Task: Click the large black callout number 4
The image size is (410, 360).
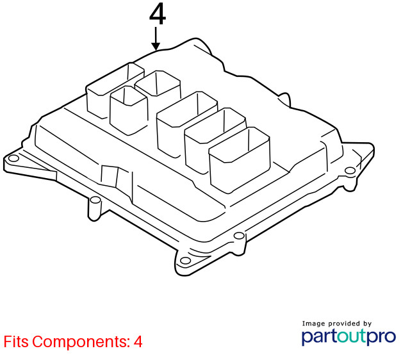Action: tap(158, 15)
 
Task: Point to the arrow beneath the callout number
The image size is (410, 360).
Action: tap(156, 38)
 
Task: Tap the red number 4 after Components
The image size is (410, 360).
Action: tap(138, 341)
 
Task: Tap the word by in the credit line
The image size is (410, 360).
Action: tap(367, 324)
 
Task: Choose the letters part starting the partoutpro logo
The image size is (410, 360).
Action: tap(319, 338)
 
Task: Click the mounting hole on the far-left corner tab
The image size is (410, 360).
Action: tap(13, 158)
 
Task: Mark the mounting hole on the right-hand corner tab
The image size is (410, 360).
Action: tap(350, 171)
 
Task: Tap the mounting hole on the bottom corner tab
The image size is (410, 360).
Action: tap(185, 261)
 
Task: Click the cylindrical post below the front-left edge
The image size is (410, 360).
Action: tap(95, 209)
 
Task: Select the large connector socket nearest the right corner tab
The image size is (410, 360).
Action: tap(240, 160)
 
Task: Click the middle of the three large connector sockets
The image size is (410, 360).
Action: tap(215, 140)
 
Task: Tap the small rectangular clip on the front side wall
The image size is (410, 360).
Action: tap(110, 176)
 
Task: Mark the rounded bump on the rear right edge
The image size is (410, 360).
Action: tap(285, 99)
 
